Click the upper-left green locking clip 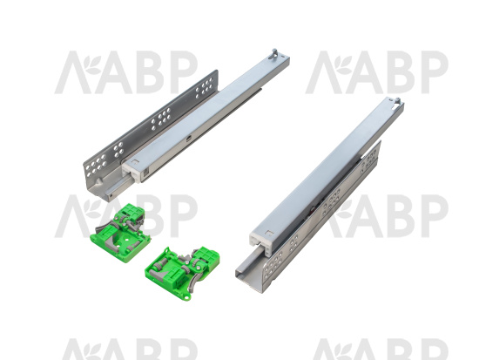click(120, 234)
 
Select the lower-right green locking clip click(182, 273)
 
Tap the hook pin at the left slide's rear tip click(275, 53)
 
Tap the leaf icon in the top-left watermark click(92, 65)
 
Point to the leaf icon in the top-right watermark click(343, 65)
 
